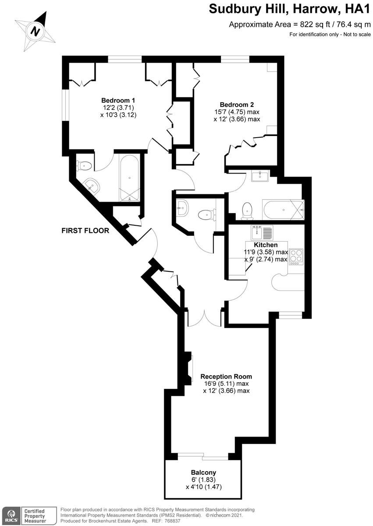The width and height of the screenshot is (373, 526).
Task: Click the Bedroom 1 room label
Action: (118, 100)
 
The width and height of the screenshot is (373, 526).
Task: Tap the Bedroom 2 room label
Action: (237, 104)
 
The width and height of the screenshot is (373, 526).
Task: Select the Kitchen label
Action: (266, 245)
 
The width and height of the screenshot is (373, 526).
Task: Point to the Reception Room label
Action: (226, 377)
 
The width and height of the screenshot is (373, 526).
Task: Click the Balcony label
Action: (203, 472)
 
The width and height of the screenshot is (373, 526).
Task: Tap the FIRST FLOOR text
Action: (85, 231)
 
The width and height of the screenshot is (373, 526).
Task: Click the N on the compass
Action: (36, 31)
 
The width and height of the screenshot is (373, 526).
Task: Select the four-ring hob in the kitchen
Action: (297, 257)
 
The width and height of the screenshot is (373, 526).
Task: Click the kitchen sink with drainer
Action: (262, 233)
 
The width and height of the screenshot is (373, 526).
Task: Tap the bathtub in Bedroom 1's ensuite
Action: (129, 178)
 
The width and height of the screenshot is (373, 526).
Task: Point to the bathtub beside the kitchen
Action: (284, 210)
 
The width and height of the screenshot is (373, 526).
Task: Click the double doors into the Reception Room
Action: (204, 318)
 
